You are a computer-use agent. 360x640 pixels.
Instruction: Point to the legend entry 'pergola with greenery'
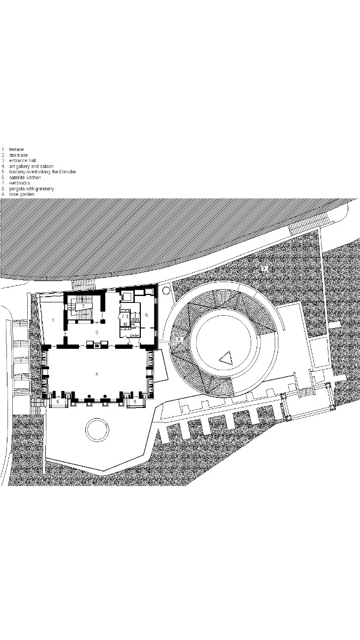pyautogui.click(x=31, y=189)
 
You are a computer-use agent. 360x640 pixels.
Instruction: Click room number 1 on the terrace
pyautogui.click(x=53, y=319)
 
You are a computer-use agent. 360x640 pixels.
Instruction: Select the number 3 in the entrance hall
pyautogui.click(x=97, y=332)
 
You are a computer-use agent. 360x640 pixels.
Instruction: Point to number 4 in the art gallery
pyautogui.click(x=97, y=374)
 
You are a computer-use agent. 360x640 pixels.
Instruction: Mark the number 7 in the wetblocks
pyautogui.click(x=123, y=316)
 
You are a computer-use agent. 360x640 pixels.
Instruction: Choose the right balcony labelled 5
pyautogui.click(x=135, y=401)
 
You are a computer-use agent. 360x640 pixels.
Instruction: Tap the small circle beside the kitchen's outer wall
pyautogui.click(x=165, y=291)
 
